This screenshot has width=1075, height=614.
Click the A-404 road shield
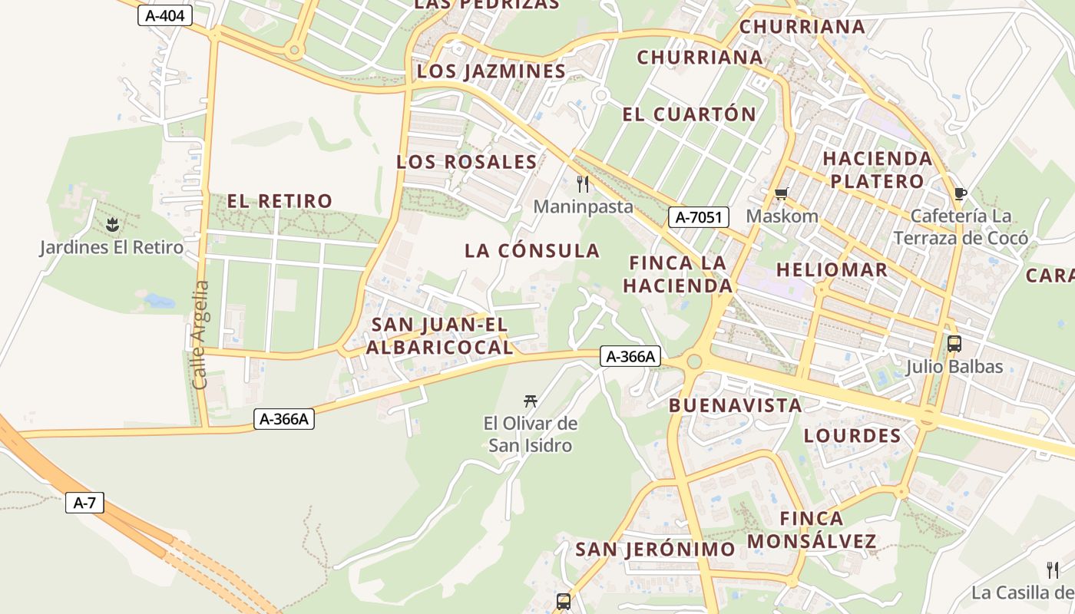tap(164, 15)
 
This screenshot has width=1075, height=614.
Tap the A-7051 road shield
tap(698, 217)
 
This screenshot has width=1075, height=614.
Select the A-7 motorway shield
tap(84, 503)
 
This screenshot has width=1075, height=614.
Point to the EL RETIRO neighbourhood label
tap(279, 201)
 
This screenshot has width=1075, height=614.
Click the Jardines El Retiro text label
tap(111, 247)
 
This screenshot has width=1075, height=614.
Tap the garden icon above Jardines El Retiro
tap(112, 225)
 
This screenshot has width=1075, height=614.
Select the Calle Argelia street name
tap(200, 335)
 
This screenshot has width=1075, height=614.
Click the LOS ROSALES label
tap(466, 162)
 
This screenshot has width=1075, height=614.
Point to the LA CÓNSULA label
tap(531, 251)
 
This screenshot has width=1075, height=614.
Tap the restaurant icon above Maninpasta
tap(583, 183)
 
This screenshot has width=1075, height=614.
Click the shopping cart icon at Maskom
tap(782, 193)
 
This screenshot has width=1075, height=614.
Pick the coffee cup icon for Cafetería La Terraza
tap(959, 193)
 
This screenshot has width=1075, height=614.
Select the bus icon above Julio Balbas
tap(954, 344)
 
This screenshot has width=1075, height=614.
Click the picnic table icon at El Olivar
tap(530, 400)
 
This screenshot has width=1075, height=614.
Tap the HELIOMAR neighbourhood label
tap(832, 269)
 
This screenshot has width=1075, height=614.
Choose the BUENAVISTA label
tap(735, 405)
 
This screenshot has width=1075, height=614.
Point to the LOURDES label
tap(852, 436)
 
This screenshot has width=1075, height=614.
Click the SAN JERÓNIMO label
tap(655, 550)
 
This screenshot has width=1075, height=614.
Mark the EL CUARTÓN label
tap(689, 114)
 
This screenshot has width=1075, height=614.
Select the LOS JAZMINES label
tap(491, 71)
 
